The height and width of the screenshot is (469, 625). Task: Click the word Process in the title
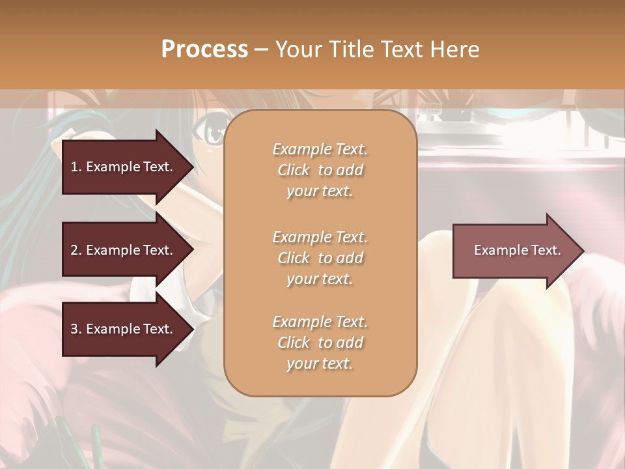(204, 49)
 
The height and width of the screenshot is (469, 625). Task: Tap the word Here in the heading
(454, 49)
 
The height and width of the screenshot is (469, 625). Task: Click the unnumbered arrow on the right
(514, 251)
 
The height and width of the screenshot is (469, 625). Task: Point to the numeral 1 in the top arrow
(74, 167)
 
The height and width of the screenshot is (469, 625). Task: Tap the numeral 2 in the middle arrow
(74, 250)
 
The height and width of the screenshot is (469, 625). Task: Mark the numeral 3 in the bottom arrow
(74, 330)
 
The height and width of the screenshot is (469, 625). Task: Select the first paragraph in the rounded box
(320, 170)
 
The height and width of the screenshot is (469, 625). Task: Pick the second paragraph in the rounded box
(320, 258)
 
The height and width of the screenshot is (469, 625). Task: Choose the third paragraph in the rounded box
(320, 343)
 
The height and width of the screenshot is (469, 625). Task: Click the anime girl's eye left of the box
(213, 134)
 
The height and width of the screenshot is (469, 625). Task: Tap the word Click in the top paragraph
(294, 171)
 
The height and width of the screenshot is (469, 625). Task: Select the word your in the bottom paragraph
(301, 364)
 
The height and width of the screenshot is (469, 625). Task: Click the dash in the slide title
(262, 50)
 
